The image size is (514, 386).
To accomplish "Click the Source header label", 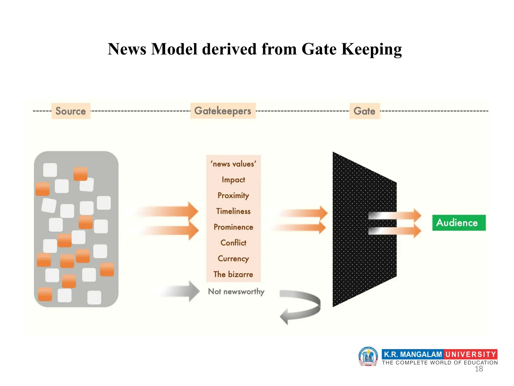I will [x=71, y=111].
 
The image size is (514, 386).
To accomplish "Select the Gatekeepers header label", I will [x=223, y=111].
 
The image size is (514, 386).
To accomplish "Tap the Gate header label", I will [x=364, y=111].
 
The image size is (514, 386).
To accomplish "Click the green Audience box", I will [x=459, y=223].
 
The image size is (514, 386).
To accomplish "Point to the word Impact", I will [x=233, y=180].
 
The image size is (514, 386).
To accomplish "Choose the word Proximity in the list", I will [x=233, y=196].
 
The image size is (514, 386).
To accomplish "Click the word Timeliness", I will [x=233, y=211].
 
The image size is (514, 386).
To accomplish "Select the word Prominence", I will [x=233, y=227].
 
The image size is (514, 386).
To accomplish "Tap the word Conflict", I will [x=233, y=243].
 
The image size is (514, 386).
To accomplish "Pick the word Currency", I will [x=233, y=259].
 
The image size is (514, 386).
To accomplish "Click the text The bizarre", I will [x=233, y=274].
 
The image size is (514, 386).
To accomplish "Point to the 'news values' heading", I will [x=233, y=164].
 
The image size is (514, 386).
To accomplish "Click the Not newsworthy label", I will [x=236, y=292].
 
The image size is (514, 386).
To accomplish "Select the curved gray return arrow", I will [x=301, y=307].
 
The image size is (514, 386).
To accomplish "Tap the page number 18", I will [x=479, y=369].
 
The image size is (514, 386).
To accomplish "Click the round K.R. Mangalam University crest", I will [x=368, y=356].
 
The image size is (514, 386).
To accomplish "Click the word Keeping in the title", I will [x=371, y=49].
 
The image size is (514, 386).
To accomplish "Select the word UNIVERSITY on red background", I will [x=471, y=354].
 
